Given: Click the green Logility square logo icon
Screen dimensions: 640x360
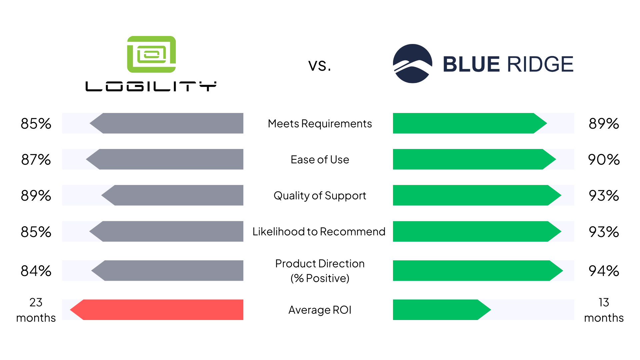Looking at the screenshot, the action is [x=151, y=54].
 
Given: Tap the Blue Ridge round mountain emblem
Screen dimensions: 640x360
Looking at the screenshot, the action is [x=413, y=64].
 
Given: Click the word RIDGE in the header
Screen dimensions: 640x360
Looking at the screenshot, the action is [x=540, y=64].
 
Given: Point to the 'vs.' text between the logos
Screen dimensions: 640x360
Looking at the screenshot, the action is [x=320, y=65].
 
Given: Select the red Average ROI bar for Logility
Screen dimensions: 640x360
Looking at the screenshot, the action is [x=157, y=310].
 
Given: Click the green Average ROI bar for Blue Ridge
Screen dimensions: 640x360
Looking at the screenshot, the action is [x=442, y=310].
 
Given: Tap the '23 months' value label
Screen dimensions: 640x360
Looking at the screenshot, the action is [x=36, y=310].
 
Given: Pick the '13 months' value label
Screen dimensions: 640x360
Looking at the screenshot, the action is [x=604, y=310].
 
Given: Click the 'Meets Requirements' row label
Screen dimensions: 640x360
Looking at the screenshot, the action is [x=320, y=124].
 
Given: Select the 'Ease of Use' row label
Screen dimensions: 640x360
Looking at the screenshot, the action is [x=320, y=160].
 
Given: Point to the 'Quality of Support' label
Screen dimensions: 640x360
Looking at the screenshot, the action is [x=320, y=196].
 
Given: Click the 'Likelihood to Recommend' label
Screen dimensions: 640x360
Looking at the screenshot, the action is [x=319, y=232].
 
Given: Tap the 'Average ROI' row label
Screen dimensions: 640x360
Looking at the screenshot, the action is [x=320, y=310].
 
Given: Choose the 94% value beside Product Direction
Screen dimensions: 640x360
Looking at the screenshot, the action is [x=604, y=271].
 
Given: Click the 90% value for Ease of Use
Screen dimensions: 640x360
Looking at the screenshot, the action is [x=604, y=160].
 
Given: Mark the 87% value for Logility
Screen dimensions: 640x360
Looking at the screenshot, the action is [x=36, y=160].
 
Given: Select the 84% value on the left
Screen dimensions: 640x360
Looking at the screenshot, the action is [x=36, y=271].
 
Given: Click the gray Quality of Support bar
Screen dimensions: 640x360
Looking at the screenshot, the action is [x=172, y=195].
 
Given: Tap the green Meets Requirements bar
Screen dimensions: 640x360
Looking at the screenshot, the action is [x=470, y=123].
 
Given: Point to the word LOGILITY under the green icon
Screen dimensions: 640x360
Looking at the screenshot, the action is [x=151, y=86].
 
